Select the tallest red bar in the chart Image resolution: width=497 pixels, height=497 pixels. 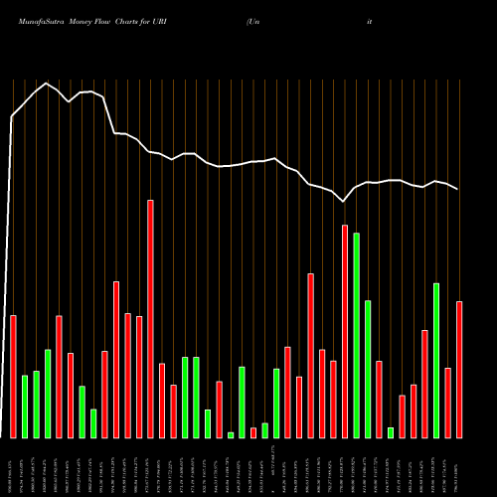click(x=150, y=318)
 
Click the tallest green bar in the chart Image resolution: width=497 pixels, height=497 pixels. click(x=356, y=335)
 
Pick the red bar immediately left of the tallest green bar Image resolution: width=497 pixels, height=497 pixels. click(x=345, y=331)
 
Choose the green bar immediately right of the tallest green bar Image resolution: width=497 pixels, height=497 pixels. click(x=368, y=369)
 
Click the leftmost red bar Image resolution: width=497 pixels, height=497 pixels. click(x=14, y=376)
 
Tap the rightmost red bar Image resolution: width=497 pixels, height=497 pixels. click(x=459, y=369)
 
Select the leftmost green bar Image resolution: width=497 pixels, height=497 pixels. click(x=25, y=407)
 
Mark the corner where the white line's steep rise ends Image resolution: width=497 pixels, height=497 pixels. click(x=12, y=117)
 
